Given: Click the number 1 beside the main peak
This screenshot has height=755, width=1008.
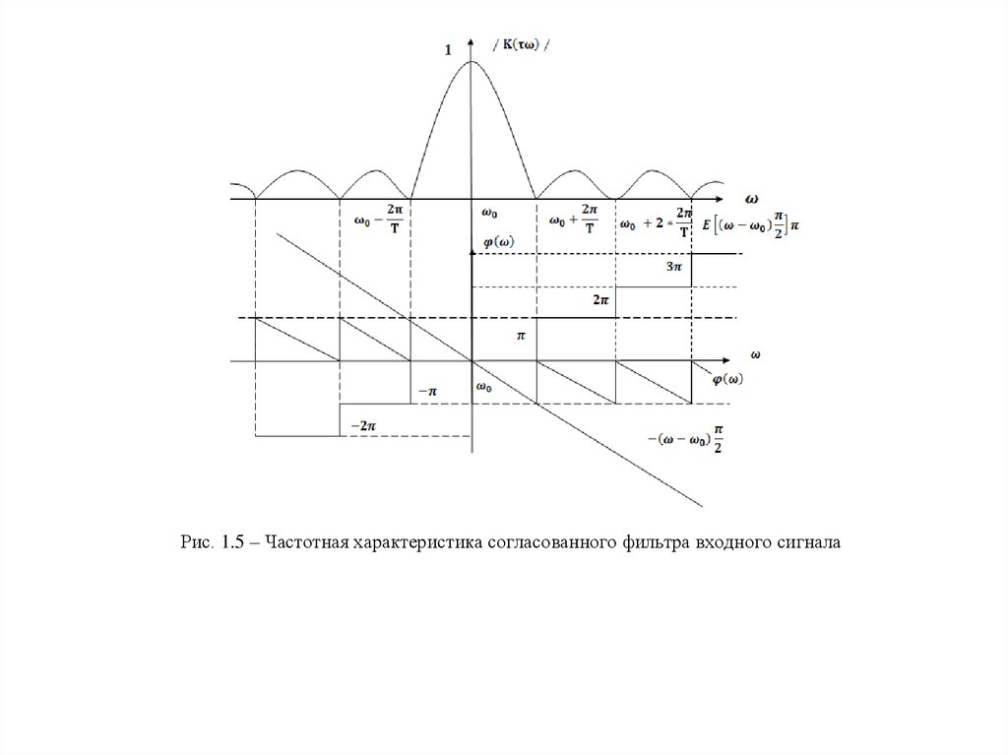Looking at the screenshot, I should tap(449, 51).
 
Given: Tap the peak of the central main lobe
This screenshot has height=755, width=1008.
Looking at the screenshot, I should tap(472, 62).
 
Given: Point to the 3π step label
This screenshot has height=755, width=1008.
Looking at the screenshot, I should tap(674, 267).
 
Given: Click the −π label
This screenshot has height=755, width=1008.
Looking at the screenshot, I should tap(427, 391).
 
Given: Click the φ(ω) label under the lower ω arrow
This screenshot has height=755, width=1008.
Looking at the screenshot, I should tap(726, 379).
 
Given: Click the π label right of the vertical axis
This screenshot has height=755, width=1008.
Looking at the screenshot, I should tap(523, 336).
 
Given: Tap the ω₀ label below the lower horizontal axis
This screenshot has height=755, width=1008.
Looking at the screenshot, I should tap(483, 387).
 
